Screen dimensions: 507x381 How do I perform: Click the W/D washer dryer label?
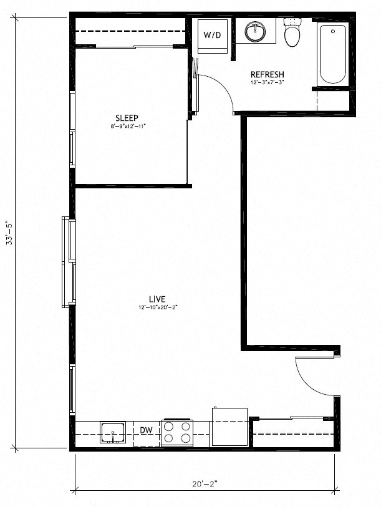coord(212,35)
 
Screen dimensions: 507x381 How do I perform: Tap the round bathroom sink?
coord(255,31)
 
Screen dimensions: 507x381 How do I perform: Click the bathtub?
coord(333,54)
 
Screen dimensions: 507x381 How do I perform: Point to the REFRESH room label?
coord(267,74)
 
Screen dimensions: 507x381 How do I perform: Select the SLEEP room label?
coord(127,118)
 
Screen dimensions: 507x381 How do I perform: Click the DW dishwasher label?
coord(146,430)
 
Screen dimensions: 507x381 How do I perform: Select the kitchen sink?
coord(113,431)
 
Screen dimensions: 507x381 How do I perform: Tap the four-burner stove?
coord(177,432)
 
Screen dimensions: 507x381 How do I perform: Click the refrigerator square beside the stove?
coord(229,426)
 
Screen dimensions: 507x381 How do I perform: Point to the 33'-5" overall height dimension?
coord(9,233)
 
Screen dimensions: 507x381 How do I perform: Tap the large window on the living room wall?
coord(68,261)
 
